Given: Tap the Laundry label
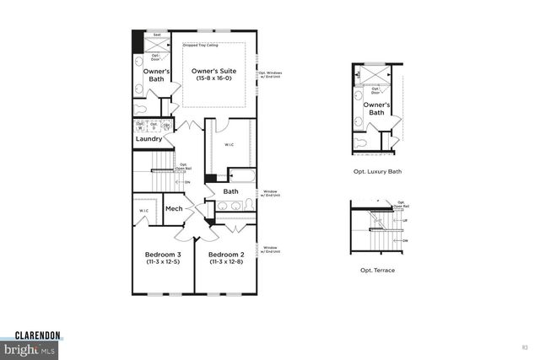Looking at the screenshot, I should point(148,138).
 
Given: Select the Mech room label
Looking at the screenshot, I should point(174,208).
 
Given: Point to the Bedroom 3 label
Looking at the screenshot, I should point(163,254).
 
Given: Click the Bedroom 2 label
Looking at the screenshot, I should point(226,254).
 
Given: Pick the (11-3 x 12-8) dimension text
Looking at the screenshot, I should point(226,262).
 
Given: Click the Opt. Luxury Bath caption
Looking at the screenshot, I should point(377,171).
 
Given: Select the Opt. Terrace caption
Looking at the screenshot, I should point(377,270).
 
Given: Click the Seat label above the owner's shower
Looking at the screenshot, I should point(157,35).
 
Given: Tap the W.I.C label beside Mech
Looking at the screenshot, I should point(144,211).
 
